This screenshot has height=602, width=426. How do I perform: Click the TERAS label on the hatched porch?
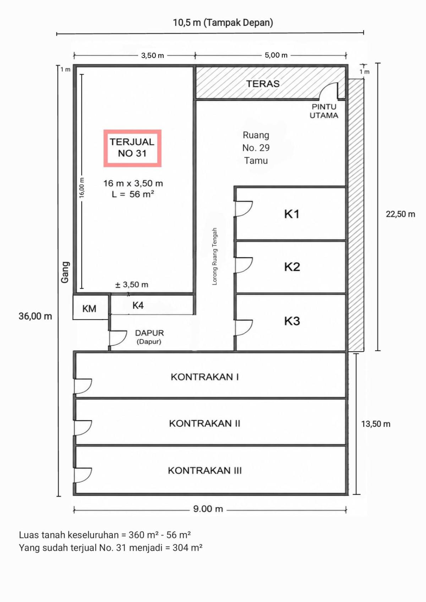263,84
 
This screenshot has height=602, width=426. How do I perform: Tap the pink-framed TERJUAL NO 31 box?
132,148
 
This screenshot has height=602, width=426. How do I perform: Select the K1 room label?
291,214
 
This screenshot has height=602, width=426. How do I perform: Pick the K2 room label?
292,267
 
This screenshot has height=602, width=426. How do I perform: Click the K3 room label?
292,321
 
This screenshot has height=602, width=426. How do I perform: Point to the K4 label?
138,305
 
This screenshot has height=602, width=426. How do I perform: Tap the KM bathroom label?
89,309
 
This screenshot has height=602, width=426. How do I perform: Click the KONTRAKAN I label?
205,377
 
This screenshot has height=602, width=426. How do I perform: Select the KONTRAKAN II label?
204,423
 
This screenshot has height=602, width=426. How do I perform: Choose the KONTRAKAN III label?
205,471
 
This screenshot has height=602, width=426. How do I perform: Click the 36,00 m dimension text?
35,316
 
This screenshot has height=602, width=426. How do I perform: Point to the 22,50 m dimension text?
400,214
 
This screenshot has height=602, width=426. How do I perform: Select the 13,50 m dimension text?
376,424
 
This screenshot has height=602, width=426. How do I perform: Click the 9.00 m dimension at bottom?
208,509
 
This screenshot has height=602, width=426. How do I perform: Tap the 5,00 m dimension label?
276,55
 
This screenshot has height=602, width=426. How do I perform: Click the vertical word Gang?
65,272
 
